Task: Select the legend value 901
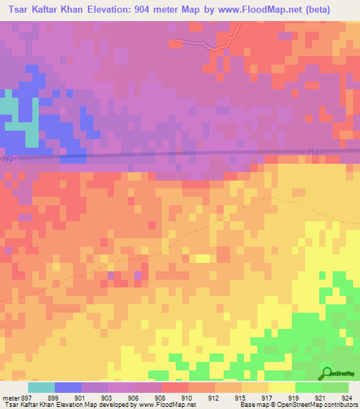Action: pyautogui.click(x=81, y=397)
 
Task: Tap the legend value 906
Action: pyautogui.click(x=134, y=397)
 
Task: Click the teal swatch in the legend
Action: pyautogui.click(x=41, y=387)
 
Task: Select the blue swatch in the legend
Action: pyautogui.click(x=67, y=387)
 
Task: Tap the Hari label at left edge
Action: pyautogui.click(x=11, y=159)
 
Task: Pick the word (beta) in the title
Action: pyautogui.click(x=337, y=8)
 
